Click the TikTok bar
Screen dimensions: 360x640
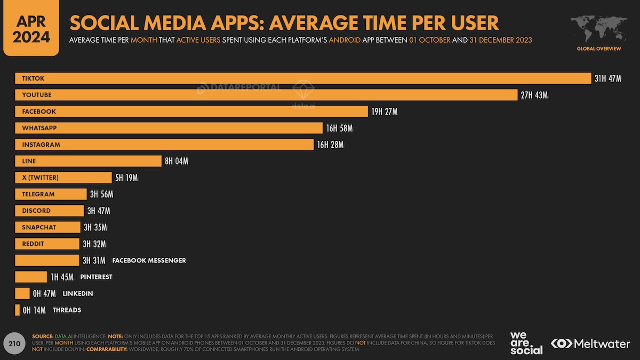[x=303, y=78]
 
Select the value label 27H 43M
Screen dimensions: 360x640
[x=534, y=95]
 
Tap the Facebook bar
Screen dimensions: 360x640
[x=191, y=111]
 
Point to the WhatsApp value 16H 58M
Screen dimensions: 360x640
[x=339, y=129]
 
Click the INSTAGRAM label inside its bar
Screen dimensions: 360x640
[x=41, y=145]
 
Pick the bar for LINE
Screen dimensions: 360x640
[x=88, y=161]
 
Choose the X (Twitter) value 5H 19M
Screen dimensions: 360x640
[x=126, y=178]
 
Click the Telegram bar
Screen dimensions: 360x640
[x=51, y=194]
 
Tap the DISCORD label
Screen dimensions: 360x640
[x=36, y=211]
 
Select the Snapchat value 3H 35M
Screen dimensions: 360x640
[x=95, y=228]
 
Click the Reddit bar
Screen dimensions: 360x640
[x=47, y=244]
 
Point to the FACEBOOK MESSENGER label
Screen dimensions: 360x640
[x=149, y=261]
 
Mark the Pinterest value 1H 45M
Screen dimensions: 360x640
[x=62, y=277]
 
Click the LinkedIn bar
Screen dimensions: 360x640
[x=22, y=293]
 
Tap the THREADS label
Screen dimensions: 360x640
[x=67, y=310]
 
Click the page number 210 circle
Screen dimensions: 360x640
[x=14, y=344]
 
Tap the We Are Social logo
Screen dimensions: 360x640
[x=526, y=343]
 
